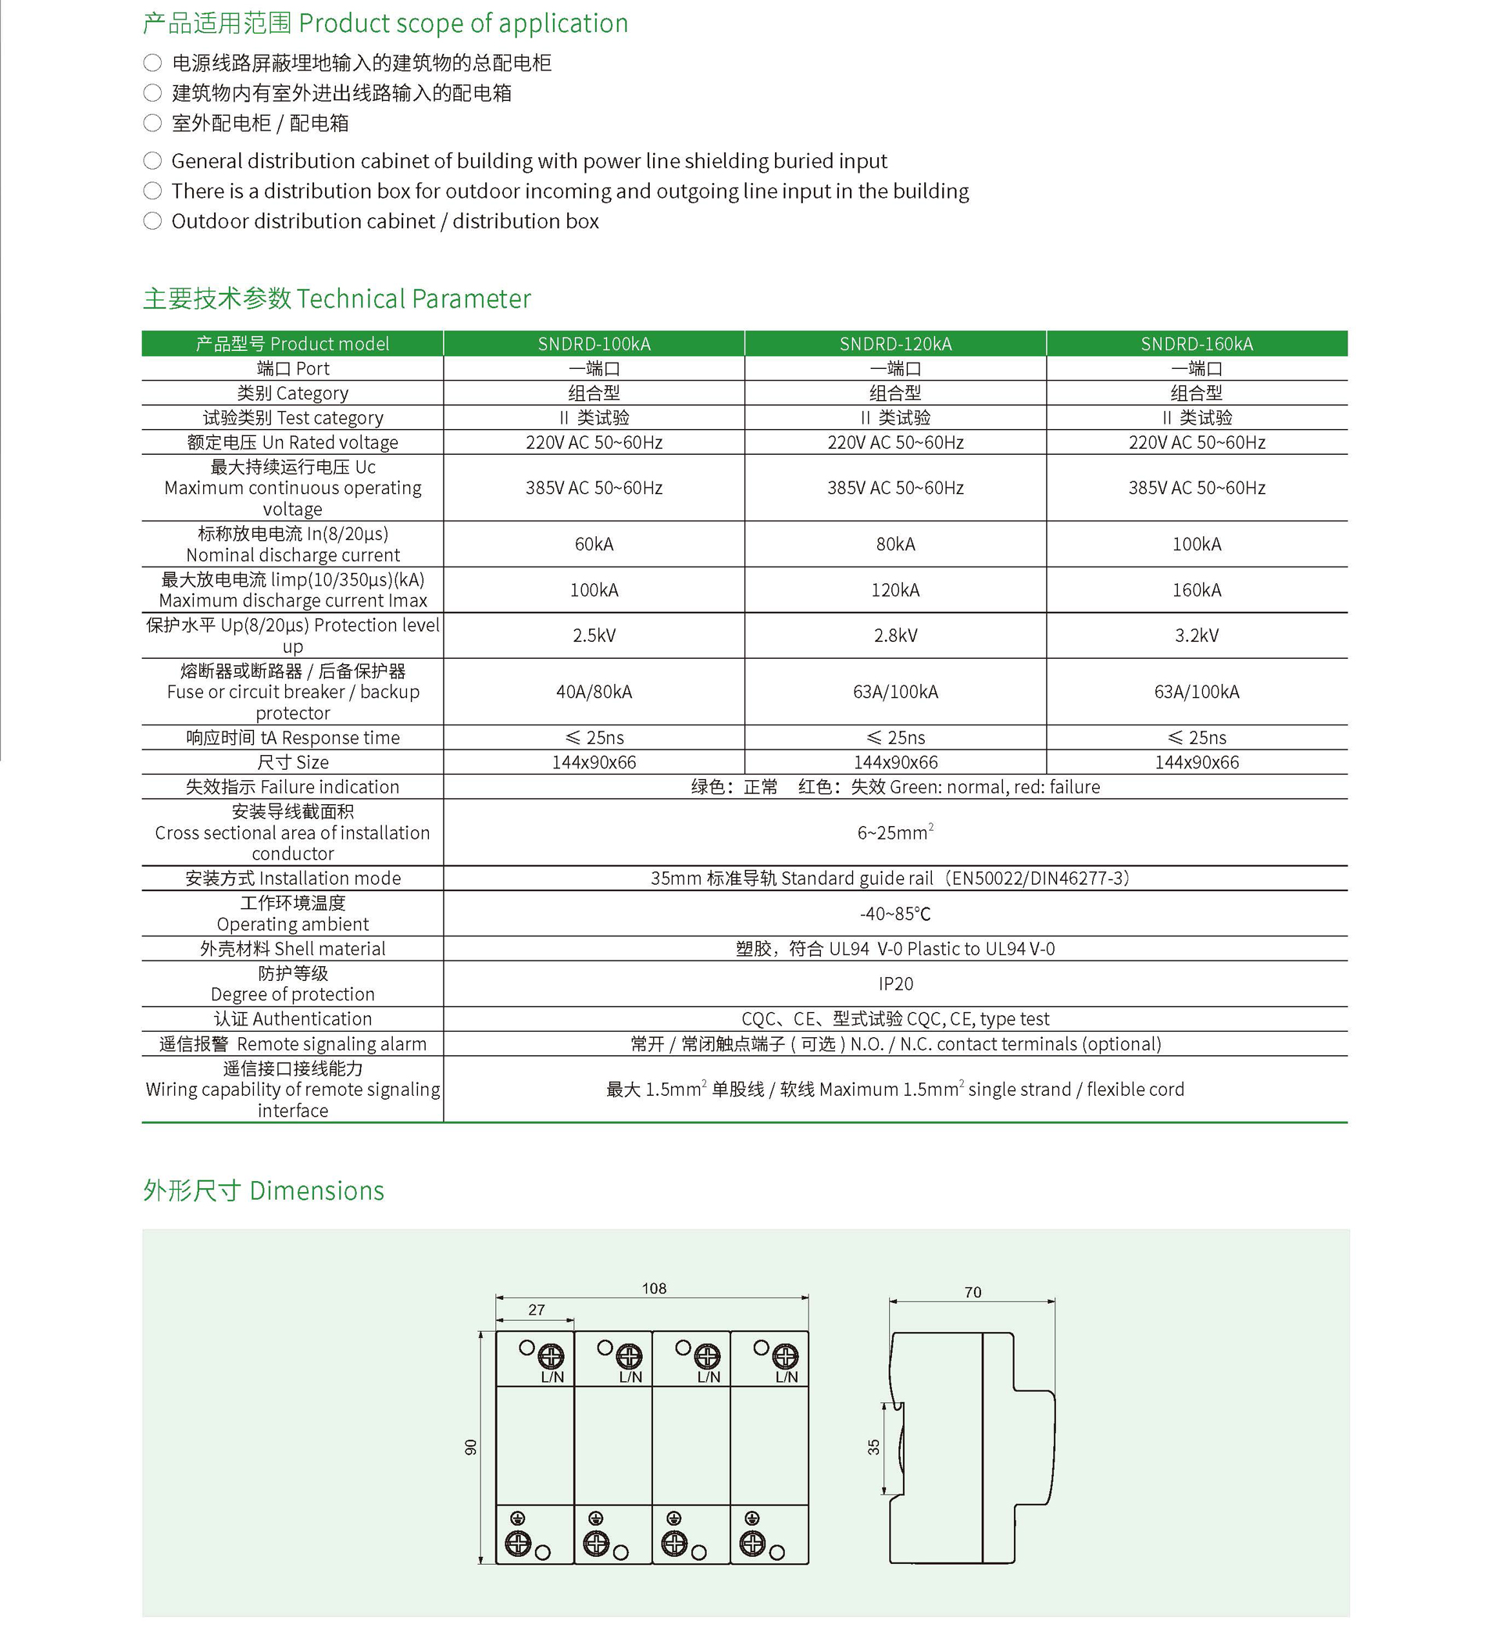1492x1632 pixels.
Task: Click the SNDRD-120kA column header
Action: (895, 344)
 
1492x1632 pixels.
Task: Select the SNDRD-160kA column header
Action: (1197, 344)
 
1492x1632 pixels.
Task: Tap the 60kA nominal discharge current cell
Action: (594, 544)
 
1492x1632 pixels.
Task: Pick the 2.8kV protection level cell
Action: (895, 635)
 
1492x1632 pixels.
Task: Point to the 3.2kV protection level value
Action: (1197, 635)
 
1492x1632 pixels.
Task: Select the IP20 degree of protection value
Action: (895, 984)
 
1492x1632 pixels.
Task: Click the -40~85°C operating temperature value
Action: (895, 914)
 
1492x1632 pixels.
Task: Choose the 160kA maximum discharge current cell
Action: (1197, 590)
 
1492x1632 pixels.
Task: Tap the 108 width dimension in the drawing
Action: (654, 1289)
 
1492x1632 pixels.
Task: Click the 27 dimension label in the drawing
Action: (537, 1310)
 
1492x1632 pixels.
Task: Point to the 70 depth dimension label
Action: (973, 1293)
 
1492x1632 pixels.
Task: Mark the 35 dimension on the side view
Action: (874, 1448)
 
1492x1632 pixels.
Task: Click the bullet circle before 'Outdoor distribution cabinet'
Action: (152, 221)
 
